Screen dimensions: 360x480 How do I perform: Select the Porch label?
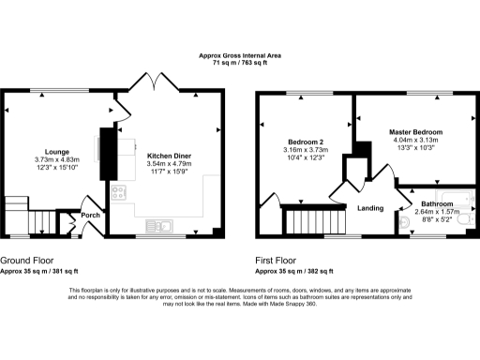coord(91,216)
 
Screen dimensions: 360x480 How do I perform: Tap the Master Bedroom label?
coord(415,132)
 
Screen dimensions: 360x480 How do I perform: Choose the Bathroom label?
coord(437,203)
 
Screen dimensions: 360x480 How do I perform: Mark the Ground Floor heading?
coord(26,260)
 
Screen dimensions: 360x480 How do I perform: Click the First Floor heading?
coord(278,260)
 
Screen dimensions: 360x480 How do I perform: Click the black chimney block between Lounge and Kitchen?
coord(108,153)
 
